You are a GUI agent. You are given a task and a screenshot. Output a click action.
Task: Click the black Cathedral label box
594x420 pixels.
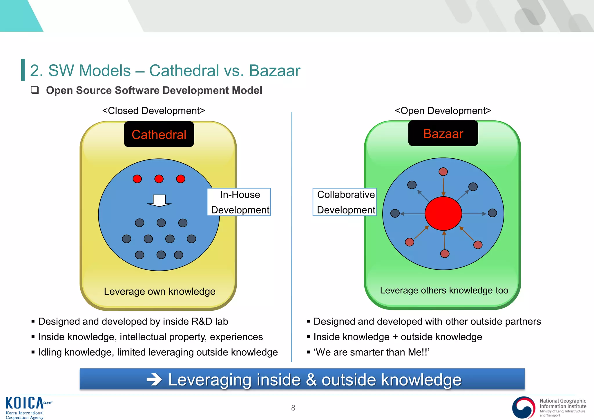tap(159, 134)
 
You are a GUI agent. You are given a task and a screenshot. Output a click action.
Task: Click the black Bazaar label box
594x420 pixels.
tap(443, 133)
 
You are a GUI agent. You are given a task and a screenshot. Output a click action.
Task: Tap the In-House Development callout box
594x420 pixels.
tap(239, 202)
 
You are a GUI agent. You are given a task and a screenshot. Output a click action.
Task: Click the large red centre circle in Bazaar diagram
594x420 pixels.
tap(443, 213)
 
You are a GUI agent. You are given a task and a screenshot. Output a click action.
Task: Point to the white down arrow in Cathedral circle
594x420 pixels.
tap(159, 200)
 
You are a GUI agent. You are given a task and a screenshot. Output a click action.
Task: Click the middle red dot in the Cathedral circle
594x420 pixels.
tap(159, 179)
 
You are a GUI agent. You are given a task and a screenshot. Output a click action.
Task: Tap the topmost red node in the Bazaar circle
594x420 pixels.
tap(443, 172)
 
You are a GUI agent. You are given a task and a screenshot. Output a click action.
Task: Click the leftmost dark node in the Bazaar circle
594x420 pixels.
tap(395, 213)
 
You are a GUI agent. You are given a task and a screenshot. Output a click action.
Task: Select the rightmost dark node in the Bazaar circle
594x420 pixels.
tap(492, 213)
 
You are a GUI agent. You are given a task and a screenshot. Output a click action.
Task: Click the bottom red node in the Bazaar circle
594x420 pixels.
tap(445, 254)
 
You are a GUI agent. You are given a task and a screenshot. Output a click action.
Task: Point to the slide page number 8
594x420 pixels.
tap(293, 408)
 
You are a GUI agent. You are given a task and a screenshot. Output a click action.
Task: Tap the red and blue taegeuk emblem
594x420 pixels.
tap(524, 408)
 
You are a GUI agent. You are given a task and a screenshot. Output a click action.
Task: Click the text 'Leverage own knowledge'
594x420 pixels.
tap(160, 292)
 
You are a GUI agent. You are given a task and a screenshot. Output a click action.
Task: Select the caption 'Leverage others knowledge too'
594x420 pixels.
tap(444, 290)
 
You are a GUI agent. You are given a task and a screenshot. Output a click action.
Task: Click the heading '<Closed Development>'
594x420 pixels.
tap(154, 111)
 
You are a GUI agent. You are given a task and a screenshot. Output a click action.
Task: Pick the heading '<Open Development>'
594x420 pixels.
tap(443, 111)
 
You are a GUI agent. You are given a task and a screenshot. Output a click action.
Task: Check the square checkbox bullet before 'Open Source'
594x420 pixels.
tap(35, 90)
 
